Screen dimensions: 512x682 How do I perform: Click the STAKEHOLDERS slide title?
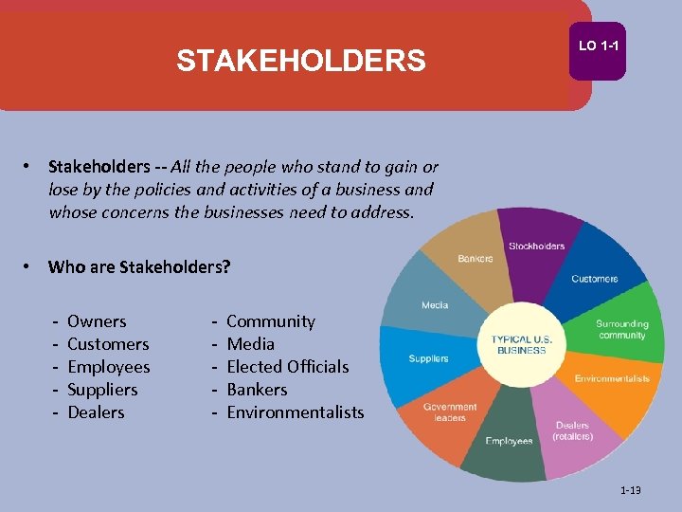(x=301, y=62)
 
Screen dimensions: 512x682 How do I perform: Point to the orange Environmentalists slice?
(x=612, y=378)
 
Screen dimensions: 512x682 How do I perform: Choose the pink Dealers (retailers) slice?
(x=572, y=430)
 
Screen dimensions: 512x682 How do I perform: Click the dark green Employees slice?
(x=509, y=440)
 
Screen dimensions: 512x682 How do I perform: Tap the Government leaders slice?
(x=449, y=412)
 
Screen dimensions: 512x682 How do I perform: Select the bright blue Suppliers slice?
(x=428, y=358)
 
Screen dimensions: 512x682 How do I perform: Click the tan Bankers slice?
(x=475, y=259)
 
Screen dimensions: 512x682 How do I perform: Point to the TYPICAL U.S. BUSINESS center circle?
(x=518, y=344)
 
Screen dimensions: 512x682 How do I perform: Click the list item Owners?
(x=97, y=321)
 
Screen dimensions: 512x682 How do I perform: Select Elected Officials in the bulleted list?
(x=287, y=367)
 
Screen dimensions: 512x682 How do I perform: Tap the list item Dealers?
(x=96, y=412)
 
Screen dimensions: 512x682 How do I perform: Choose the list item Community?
(x=270, y=321)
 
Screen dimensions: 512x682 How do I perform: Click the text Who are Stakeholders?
(x=139, y=266)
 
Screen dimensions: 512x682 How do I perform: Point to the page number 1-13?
(x=630, y=490)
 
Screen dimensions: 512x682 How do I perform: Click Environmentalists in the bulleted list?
(x=295, y=412)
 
